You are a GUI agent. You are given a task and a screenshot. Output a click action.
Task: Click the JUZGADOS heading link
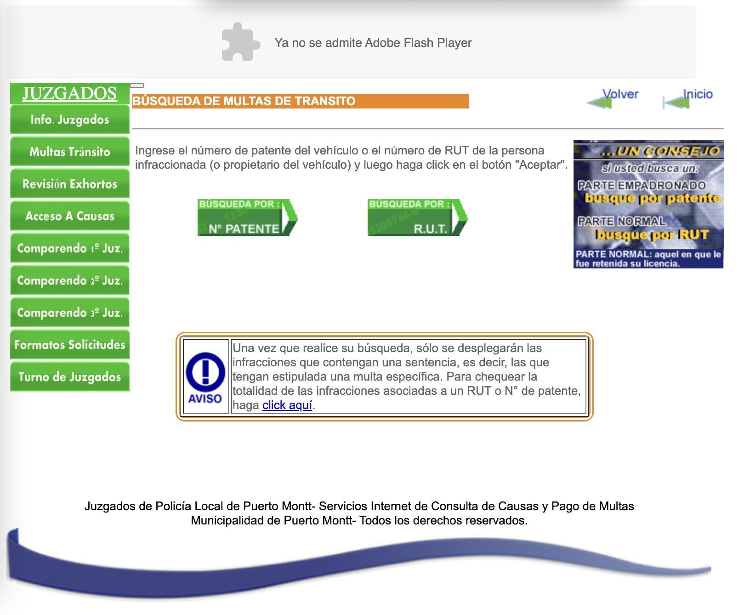pyautogui.click(x=70, y=93)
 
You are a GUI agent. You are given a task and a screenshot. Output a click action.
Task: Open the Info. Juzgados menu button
pyautogui.click(x=70, y=120)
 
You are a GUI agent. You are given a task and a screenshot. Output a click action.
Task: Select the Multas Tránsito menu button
pyautogui.click(x=70, y=152)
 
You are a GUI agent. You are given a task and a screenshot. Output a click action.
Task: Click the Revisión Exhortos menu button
pyautogui.click(x=70, y=184)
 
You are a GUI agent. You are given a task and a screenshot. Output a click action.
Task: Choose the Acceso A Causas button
pyautogui.click(x=70, y=216)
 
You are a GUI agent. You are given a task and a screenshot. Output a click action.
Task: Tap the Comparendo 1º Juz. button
pyautogui.click(x=70, y=248)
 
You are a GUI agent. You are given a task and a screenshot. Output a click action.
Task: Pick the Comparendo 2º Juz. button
pyautogui.click(x=70, y=280)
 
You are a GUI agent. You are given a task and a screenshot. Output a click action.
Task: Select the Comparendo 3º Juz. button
pyautogui.click(x=70, y=313)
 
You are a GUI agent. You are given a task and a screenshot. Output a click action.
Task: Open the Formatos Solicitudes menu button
pyautogui.click(x=70, y=345)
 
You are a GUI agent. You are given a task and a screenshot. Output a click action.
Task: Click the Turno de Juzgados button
pyautogui.click(x=70, y=377)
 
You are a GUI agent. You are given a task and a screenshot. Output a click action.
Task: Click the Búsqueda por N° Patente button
pyautogui.click(x=247, y=217)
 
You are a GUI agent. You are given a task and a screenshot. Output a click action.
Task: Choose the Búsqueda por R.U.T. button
pyautogui.click(x=417, y=217)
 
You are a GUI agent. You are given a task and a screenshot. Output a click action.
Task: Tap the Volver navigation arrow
pyautogui.click(x=613, y=98)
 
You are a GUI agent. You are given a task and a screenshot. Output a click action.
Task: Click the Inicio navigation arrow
pyautogui.click(x=687, y=98)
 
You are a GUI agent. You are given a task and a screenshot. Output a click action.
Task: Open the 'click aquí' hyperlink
pyautogui.click(x=287, y=405)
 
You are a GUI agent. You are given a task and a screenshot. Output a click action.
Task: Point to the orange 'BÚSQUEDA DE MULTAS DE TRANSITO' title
pyautogui.click(x=244, y=101)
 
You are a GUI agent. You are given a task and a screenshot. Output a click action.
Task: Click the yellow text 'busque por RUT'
pyautogui.click(x=652, y=235)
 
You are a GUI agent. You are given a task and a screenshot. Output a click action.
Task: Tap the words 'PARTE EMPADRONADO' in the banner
pyautogui.click(x=642, y=185)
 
